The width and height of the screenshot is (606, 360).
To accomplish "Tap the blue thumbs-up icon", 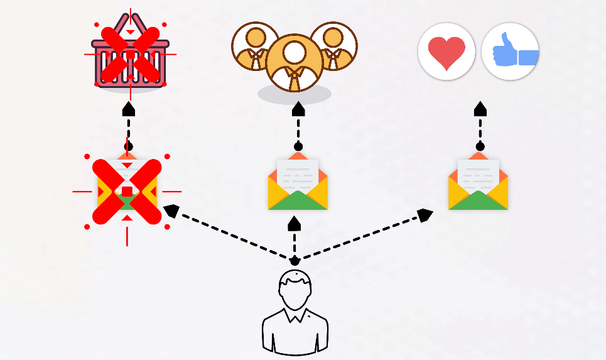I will (511, 52).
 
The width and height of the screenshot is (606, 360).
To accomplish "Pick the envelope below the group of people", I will (298, 184).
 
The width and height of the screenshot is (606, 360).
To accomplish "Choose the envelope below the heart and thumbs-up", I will (479, 184).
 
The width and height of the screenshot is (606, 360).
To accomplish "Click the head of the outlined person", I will (295, 290).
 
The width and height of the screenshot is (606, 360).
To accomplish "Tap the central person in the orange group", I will (295, 61).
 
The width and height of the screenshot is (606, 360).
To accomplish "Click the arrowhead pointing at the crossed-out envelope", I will (171, 210).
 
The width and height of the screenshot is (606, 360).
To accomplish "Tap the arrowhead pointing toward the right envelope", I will (425, 215).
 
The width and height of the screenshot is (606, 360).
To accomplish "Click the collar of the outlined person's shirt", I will (295, 314).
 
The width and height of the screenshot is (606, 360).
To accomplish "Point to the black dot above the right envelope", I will (480, 146).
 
